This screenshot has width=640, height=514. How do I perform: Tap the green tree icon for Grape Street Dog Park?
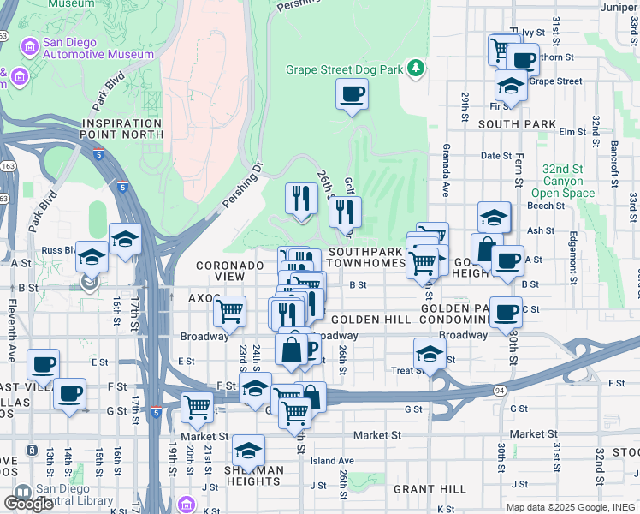coord(416,67)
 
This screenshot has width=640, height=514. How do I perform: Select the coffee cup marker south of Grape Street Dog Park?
coord(351,93)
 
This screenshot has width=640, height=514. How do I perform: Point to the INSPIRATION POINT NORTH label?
coord(121,129)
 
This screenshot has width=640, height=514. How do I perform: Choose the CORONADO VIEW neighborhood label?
coord(229,271)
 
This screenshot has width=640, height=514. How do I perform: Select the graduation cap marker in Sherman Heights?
coord(248,450)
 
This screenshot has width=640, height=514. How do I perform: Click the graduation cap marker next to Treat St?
coord(430,353)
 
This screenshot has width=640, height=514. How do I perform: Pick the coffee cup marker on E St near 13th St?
coord(43,364)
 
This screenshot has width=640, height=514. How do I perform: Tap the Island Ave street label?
coord(333,461)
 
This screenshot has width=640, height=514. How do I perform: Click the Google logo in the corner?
coord(28,504)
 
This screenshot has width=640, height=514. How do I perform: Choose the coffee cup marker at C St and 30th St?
coord(506,312)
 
